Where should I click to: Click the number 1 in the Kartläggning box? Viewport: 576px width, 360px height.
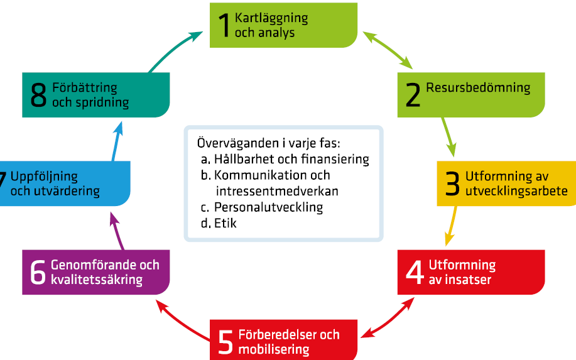click(224, 25)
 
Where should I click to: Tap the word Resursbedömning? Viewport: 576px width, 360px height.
click(478, 88)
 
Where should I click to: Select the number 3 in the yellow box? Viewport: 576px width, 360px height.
click(452, 183)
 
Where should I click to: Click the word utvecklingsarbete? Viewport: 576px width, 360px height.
click(516, 192)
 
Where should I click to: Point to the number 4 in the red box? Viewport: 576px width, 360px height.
click(415, 272)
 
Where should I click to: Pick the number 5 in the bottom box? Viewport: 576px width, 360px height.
click(226, 342)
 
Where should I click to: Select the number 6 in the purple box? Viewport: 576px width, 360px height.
click(38, 272)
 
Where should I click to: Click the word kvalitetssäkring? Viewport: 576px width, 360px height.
click(97, 280)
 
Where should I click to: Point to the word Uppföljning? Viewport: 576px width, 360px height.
click(44, 177)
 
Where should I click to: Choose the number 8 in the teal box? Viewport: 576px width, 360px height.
click(38, 95)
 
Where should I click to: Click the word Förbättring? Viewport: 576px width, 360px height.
click(85, 88)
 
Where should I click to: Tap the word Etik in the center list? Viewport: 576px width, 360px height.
click(225, 223)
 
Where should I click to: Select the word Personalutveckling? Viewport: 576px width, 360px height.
click(269, 207)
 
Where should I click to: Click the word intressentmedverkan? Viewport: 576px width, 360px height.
click(277, 192)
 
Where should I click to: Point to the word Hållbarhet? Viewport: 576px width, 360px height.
click(244, 159)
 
